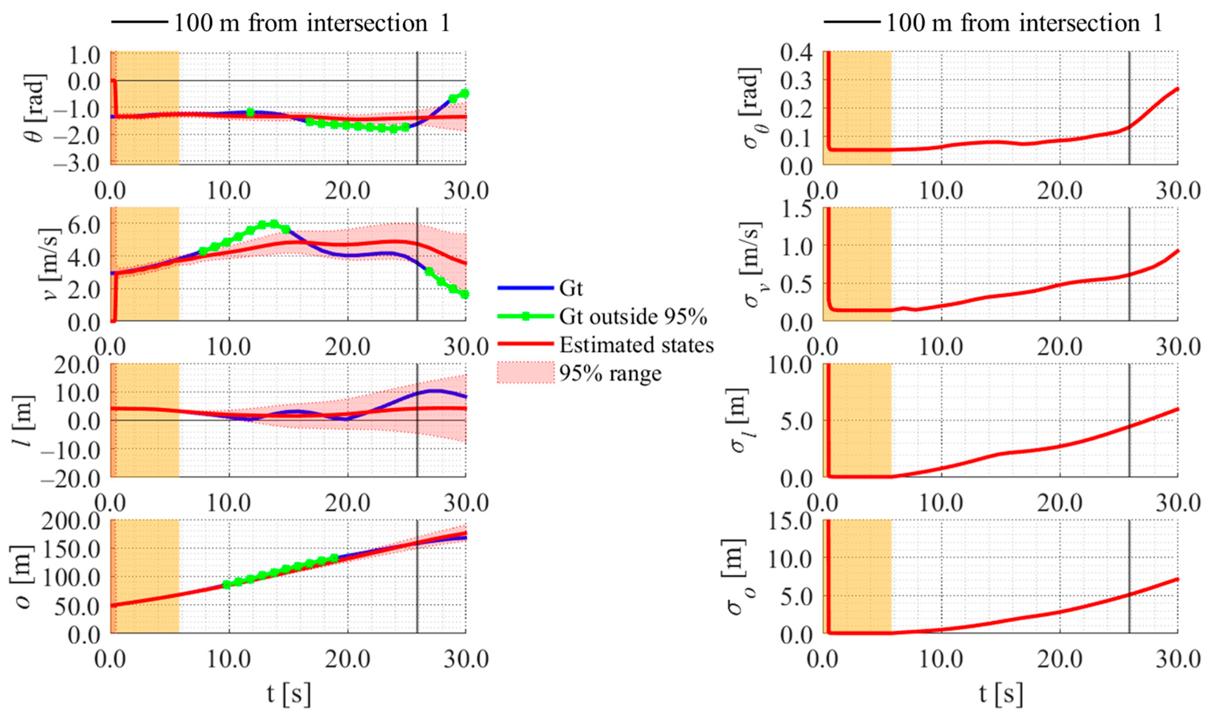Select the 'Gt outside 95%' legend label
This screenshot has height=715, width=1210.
pos(633,317)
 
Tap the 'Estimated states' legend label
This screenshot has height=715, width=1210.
pos(636,345)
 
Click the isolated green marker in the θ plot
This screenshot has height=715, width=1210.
pos(250,112)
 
